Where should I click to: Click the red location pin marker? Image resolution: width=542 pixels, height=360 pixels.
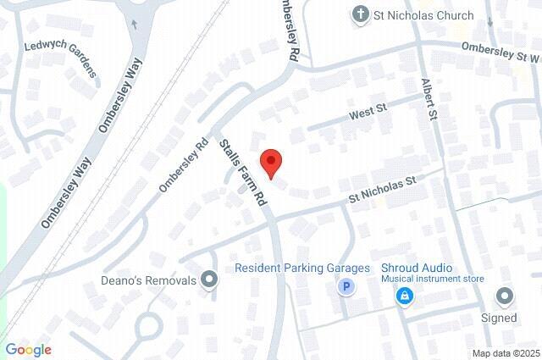[270, 162]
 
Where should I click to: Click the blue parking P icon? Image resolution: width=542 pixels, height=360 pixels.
[345, 288]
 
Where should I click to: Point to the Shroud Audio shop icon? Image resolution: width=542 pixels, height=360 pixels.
[405, 295]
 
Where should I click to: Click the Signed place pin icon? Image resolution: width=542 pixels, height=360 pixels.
[506, 296]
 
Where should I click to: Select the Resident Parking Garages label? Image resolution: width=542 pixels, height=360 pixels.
[302, 269]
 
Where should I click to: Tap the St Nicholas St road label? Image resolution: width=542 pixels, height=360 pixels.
[385, 191]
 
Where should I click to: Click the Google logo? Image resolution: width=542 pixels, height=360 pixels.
[28, 349]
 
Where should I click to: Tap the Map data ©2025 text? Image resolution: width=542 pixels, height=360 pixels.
[506, 352]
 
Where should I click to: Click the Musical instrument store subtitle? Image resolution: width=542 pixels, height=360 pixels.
[432, 279]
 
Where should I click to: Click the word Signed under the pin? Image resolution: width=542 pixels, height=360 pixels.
[499, 318]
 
